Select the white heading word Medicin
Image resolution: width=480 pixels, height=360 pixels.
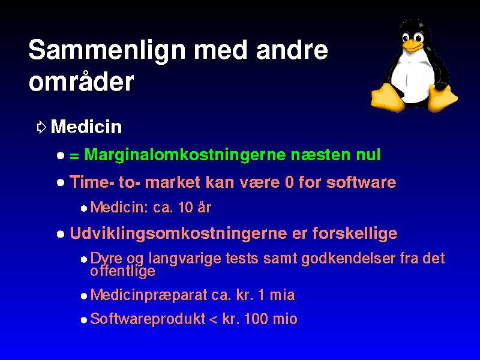click(86, 127)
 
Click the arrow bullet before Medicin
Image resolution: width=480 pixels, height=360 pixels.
click(41, 127)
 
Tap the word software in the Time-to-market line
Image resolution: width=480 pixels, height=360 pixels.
click(361, 182)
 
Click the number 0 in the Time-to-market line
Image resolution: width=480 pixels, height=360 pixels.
click(289, 182)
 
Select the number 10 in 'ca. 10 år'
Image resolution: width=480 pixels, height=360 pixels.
click(185, 207)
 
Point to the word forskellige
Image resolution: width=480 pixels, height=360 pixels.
click(355, 234)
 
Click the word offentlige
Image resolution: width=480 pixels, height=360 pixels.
click(123, 271)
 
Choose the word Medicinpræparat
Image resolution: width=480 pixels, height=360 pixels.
click(149, 295)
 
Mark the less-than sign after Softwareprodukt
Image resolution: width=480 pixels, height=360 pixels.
click(213, 320)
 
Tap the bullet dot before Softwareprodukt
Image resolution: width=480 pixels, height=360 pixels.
click(84, 320)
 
